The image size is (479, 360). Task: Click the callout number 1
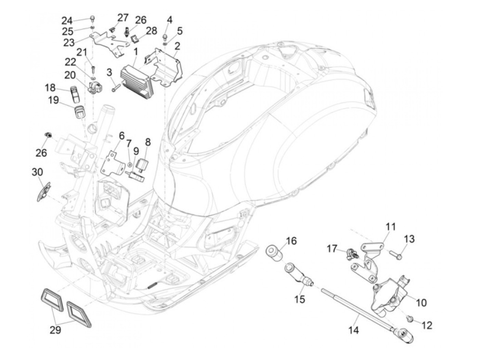click(x=135, y=52)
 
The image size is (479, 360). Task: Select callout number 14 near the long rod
click(x=354, y=330)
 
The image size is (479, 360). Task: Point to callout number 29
click(x=55, y=330)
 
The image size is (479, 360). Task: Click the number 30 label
click(x=37, y=172)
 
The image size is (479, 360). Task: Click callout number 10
click(x=422, y=303)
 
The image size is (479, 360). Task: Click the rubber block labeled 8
click(x=141, y=164)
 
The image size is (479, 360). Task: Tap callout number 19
click(x=53, y=100)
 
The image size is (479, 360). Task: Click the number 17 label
click(x=332, y=248)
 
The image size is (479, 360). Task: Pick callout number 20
click(x=70, y=75)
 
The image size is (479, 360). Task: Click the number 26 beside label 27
click(x=140, y=20)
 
